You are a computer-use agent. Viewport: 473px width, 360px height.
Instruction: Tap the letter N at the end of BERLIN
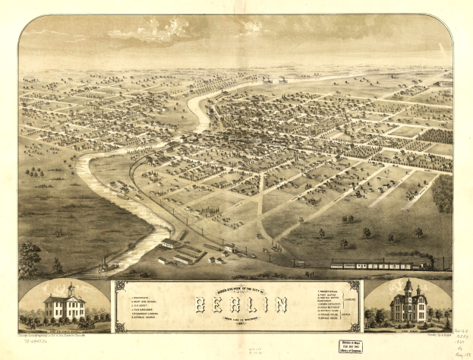pyautogui.click(x=281, y=305)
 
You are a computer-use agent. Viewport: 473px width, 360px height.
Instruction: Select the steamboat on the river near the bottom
pyautogui.click(x=106, y=267)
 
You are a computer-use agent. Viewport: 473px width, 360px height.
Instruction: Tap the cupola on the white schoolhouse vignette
pyautogui.click(x=71, y=289)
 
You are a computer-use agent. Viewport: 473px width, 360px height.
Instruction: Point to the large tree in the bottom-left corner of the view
pyautogui.click(x=28, y=258)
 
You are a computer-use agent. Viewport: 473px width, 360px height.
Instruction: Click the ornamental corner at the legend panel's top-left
pyautogui.click(x=118, y=286)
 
